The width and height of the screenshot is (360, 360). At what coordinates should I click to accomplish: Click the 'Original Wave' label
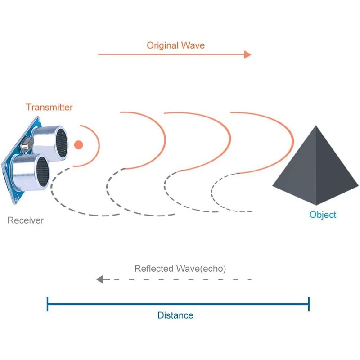(x=175, y=45)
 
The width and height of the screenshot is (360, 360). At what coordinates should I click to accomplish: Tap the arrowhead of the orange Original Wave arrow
(x=247, y=54)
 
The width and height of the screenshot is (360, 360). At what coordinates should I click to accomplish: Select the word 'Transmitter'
(x=49, y=107)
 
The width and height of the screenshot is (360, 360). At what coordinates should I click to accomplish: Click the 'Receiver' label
(x=26, y=220)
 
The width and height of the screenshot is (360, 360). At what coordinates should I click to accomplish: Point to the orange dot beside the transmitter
(x=79, y=145)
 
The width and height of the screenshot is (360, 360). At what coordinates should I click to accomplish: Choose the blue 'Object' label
(x=323, y=215)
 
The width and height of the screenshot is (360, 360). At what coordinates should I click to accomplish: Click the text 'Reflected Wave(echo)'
(x=180, y=269)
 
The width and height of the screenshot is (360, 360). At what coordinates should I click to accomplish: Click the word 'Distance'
(x=175, y=315)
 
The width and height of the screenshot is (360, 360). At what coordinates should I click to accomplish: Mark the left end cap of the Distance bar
(x=47, y=304)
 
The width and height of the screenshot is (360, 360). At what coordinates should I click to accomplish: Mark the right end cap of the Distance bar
(x=309, y=304)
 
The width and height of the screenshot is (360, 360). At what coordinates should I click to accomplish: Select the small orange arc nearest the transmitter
(x=98, y=144)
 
